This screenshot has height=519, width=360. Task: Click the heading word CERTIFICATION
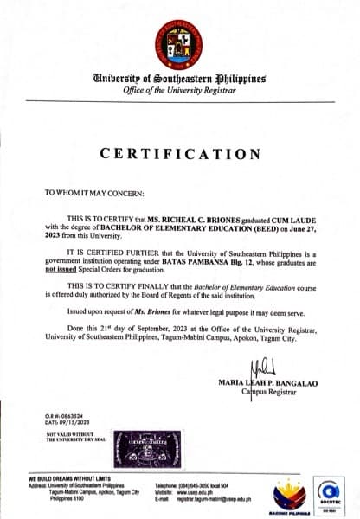[180, 154]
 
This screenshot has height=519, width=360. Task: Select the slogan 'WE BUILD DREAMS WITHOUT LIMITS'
[69, 478]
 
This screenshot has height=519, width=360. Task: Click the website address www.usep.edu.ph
[200, 492]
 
